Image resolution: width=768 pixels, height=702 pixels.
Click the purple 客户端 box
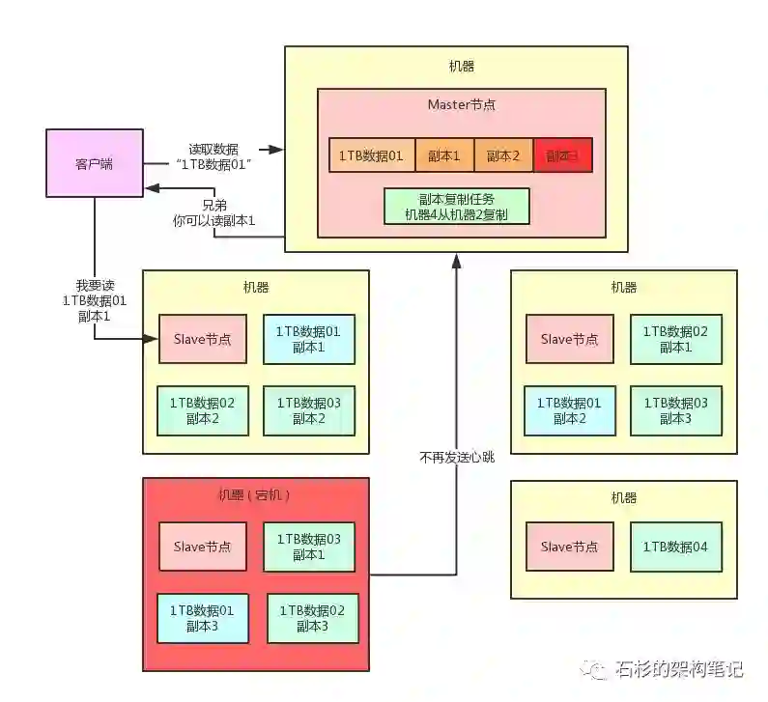coord(94,163)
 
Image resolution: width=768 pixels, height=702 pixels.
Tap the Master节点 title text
coord(462,104)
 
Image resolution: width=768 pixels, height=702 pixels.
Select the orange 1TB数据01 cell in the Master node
coord(371,155)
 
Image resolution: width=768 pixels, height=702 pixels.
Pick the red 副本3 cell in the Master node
coord(562,155)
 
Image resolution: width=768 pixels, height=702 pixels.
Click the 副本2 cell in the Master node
coord(503,155)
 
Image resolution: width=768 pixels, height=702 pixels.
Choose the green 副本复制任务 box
coord(457,206)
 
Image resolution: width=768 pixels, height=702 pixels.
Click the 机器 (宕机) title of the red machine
coord(255,494)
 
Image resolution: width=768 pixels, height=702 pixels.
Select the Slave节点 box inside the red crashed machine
coord(203,547)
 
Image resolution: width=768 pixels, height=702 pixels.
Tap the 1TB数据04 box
coord(675,547)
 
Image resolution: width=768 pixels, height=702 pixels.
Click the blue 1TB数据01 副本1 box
coord(308,339)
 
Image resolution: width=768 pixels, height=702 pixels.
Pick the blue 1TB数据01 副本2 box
coord(569,409)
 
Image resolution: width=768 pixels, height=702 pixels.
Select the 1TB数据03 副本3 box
coord(675,409)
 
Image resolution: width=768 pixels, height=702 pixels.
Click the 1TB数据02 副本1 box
coord(675,339)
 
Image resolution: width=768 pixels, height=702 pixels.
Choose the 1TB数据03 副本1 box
coord(308,547)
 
